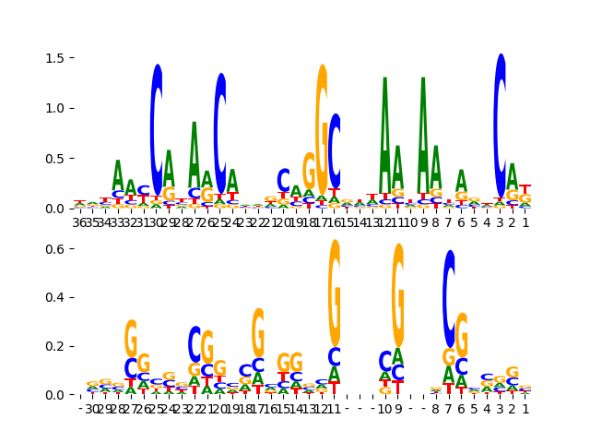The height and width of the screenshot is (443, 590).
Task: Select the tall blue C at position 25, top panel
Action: [220, 132]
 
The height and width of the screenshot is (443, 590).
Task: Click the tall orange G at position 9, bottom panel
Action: [398, 295]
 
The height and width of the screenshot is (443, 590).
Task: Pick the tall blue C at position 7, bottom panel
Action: [449, 298]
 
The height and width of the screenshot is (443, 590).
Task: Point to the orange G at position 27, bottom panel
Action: [131, 338]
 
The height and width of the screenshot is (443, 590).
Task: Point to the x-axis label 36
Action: [80, 221]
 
